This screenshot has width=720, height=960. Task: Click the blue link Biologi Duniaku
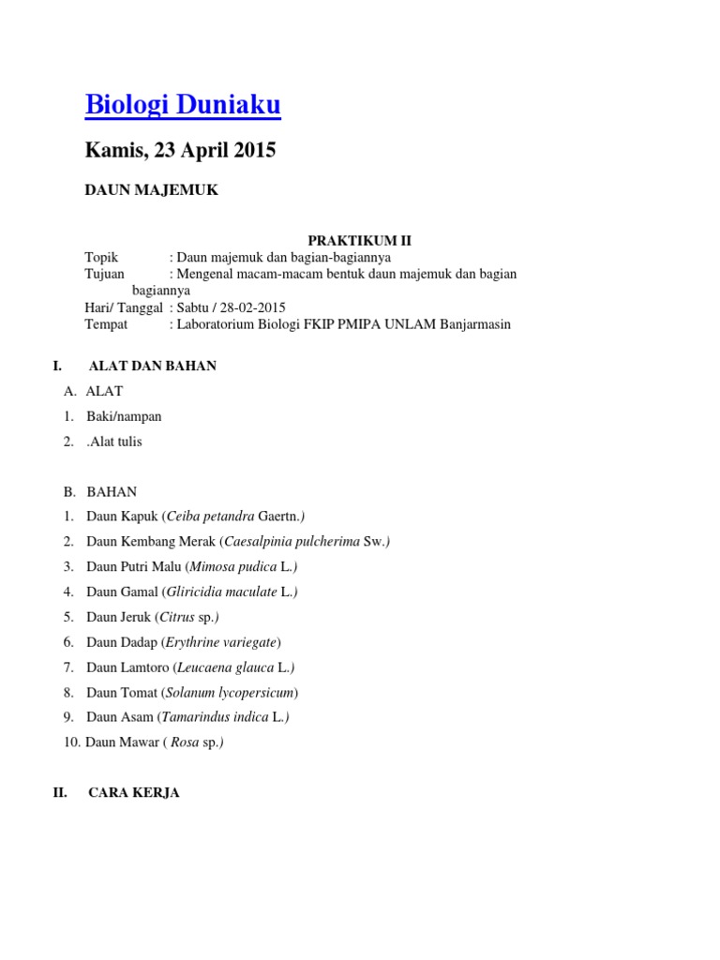(183, 106)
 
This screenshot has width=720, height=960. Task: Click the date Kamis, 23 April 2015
(181, 150)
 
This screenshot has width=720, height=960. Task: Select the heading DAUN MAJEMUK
(152, 190)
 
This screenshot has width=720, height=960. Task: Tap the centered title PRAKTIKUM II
(360, 241)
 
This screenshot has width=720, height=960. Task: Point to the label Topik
(103, 257)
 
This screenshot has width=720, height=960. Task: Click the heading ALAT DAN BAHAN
(152, 366)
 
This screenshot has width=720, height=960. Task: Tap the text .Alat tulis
(114, 442)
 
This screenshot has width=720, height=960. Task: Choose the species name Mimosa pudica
(233, 566)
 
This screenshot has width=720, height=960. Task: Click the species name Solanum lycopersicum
(230, 693)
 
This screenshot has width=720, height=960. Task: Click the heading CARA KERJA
(134, 793)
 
